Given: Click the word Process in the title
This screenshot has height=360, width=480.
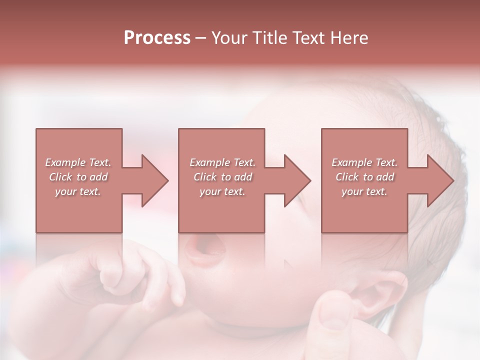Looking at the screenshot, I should click(157, 38).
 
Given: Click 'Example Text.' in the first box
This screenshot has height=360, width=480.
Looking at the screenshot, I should click(78, 162).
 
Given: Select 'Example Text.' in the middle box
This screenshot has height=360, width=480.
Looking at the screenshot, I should click(222, 162).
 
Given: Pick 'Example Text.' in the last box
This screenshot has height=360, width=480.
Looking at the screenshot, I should click(364, 162).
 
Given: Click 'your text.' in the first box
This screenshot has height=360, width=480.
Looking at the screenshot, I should click(78, 191).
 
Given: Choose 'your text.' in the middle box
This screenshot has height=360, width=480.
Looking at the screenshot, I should click(222, 191).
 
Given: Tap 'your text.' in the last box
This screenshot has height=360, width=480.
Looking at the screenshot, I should click(364, 191).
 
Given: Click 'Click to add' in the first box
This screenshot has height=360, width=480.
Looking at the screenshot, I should click(78, 177).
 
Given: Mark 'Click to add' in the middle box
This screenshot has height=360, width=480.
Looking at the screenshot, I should click(222, 177).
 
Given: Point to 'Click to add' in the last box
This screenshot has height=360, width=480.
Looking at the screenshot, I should click(364, 177).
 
